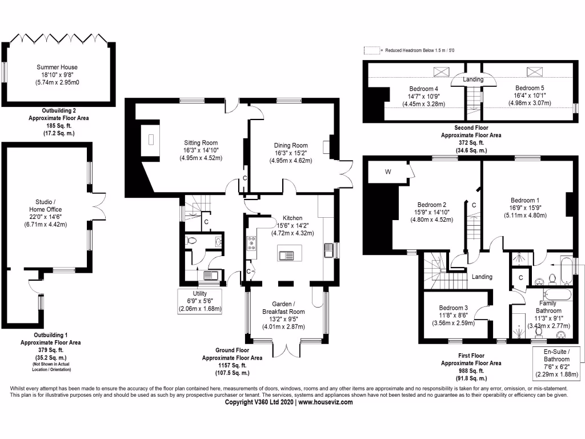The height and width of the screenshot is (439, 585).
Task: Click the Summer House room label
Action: coord(57,67)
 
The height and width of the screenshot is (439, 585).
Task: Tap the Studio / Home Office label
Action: coord(46,206)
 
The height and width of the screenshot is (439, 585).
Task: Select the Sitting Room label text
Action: coord(201,142)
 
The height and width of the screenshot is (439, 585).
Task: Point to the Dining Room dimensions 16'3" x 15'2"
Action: coord(291,153)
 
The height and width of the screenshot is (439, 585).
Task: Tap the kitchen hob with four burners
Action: coord(251,242)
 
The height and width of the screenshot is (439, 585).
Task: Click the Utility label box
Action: coord(200,301)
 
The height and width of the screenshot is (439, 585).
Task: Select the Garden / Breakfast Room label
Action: coord(283,308)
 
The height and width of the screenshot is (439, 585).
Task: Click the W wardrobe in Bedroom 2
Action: coord(388,172)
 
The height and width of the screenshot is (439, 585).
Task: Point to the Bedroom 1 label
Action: coord(525,201)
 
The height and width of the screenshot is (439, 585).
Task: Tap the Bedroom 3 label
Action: coord(453,308)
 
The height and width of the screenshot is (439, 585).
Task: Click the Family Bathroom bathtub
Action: coord(558,294)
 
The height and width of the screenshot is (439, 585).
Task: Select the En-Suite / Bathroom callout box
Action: coord(556,363)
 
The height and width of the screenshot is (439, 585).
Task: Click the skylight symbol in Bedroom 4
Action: coord(442,71)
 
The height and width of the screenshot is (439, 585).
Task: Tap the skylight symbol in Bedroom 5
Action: coord(534,71)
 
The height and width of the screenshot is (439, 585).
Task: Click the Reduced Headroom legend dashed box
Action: coord(371,50)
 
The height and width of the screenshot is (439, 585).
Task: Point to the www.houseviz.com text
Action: coord(325,402)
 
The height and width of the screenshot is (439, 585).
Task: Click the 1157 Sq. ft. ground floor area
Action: coord(232,365)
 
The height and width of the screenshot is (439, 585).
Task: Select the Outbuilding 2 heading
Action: coord(59,110)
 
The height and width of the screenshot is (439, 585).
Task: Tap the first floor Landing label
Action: coord(482,277)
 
